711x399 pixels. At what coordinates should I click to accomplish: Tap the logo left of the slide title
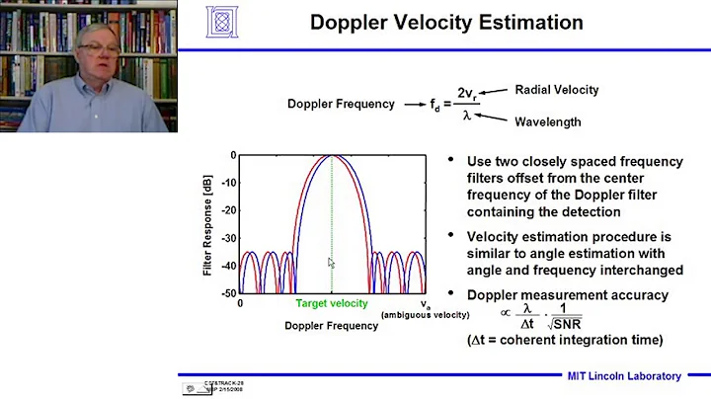click(224, 21)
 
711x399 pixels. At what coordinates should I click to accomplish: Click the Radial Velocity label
click(557, 90)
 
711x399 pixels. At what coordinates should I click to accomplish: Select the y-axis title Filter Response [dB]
click(208, 225)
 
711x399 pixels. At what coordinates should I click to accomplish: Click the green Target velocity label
click(332, 304)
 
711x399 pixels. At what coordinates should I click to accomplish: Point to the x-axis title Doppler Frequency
click(331, 324)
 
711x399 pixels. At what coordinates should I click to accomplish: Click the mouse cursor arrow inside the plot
click(333, 263)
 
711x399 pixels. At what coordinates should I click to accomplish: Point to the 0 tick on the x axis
click(240, 304)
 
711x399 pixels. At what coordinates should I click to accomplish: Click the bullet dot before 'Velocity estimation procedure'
click(451, 235)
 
